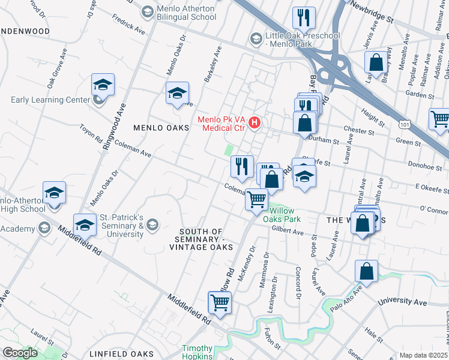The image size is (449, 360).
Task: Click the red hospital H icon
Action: (255, 123)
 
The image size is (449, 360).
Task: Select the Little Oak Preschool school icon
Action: (256, 39)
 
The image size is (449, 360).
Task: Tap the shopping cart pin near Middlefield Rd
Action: (220, 304)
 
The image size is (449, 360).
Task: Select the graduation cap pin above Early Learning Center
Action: (103, 85)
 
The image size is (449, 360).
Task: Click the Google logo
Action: (20, 353)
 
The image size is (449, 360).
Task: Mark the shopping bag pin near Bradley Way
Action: (376, 62)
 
